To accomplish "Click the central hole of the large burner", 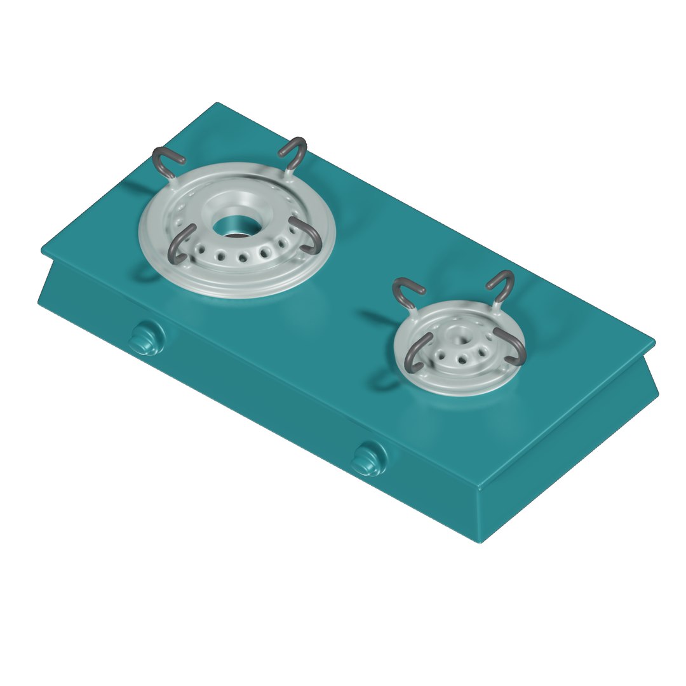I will coord(232,225).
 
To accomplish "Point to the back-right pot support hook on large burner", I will coord(294,151).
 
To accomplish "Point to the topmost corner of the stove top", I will coord(217,104).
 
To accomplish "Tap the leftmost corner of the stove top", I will coord(42,250).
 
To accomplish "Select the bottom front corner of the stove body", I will coord(481,541).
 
